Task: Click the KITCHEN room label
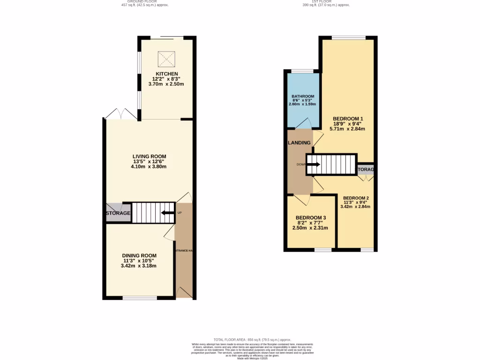point(166,74)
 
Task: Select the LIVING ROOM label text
point(150,157)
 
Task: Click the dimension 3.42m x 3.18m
point(138,266)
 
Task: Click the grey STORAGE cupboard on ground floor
point(117,213)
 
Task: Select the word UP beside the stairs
point(180,213)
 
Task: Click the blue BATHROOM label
point(303,96)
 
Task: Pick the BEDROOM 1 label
point(348,119)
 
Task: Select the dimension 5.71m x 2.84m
point(348,128)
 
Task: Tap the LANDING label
point(299,143)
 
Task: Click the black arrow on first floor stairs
point(313,165)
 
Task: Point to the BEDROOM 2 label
point(356,198)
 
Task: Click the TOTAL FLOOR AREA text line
point(252,339)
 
